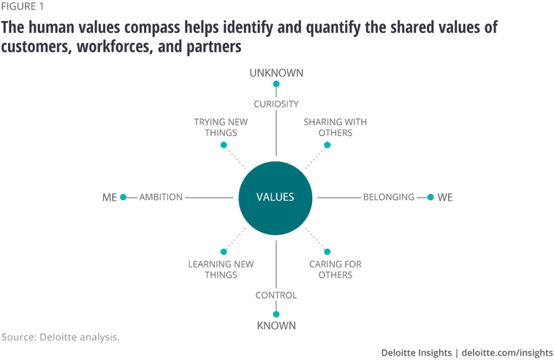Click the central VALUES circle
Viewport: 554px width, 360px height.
click(276, 197)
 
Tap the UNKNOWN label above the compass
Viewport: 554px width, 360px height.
click(276, 73)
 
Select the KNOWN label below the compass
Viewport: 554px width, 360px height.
click(276, 326)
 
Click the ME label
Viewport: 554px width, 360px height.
click(110, 198)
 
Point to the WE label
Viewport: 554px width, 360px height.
click(445, 198)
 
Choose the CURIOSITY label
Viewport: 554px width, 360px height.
click(276, 104)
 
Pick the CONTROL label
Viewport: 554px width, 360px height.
click(276, 295)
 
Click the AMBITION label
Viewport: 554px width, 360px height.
click(161, 197)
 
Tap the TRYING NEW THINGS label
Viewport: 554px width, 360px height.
click(221, 127)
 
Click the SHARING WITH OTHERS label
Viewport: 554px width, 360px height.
click(335, 127)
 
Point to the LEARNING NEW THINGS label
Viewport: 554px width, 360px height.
click(221, 269)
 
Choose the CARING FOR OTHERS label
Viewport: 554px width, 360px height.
click(335, 269)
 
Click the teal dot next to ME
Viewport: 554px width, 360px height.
click(124, 197)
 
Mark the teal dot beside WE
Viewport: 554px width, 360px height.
click(430, 197)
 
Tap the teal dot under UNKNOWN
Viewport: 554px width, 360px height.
click(276, 84)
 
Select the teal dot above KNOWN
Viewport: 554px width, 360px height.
click(276, 314)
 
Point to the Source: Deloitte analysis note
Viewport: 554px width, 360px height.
click(61, 337)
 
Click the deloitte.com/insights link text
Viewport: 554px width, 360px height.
click(508, 353)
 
